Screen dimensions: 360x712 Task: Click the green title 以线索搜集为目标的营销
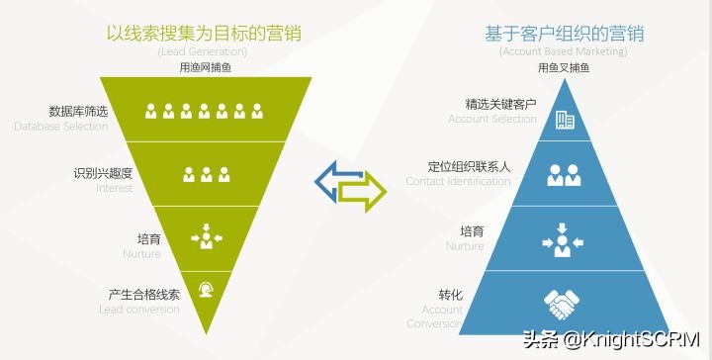[205, 33]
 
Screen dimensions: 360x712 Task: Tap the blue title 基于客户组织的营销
[564, 33]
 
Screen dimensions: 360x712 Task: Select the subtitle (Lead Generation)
[206, 51]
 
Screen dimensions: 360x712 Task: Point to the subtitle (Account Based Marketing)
[563, 51]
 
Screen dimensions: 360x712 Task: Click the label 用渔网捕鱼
[206, 67]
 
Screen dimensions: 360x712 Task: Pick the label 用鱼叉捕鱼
[564, 67]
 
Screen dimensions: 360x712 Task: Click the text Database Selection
[61, 127]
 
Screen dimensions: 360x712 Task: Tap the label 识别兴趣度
[103, 173]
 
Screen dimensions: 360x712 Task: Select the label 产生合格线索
[144, 295]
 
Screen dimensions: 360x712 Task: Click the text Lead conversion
[139, 310]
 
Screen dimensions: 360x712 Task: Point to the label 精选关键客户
[500, 104]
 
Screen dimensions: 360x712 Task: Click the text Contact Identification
[458, 182]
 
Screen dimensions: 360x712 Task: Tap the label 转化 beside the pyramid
[450, 295]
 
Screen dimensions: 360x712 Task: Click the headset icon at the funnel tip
[206, 290]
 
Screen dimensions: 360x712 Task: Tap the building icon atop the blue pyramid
[565, 121]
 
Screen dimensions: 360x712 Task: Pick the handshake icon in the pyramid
[564, 304]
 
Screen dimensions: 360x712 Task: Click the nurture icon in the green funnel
[206, 236]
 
